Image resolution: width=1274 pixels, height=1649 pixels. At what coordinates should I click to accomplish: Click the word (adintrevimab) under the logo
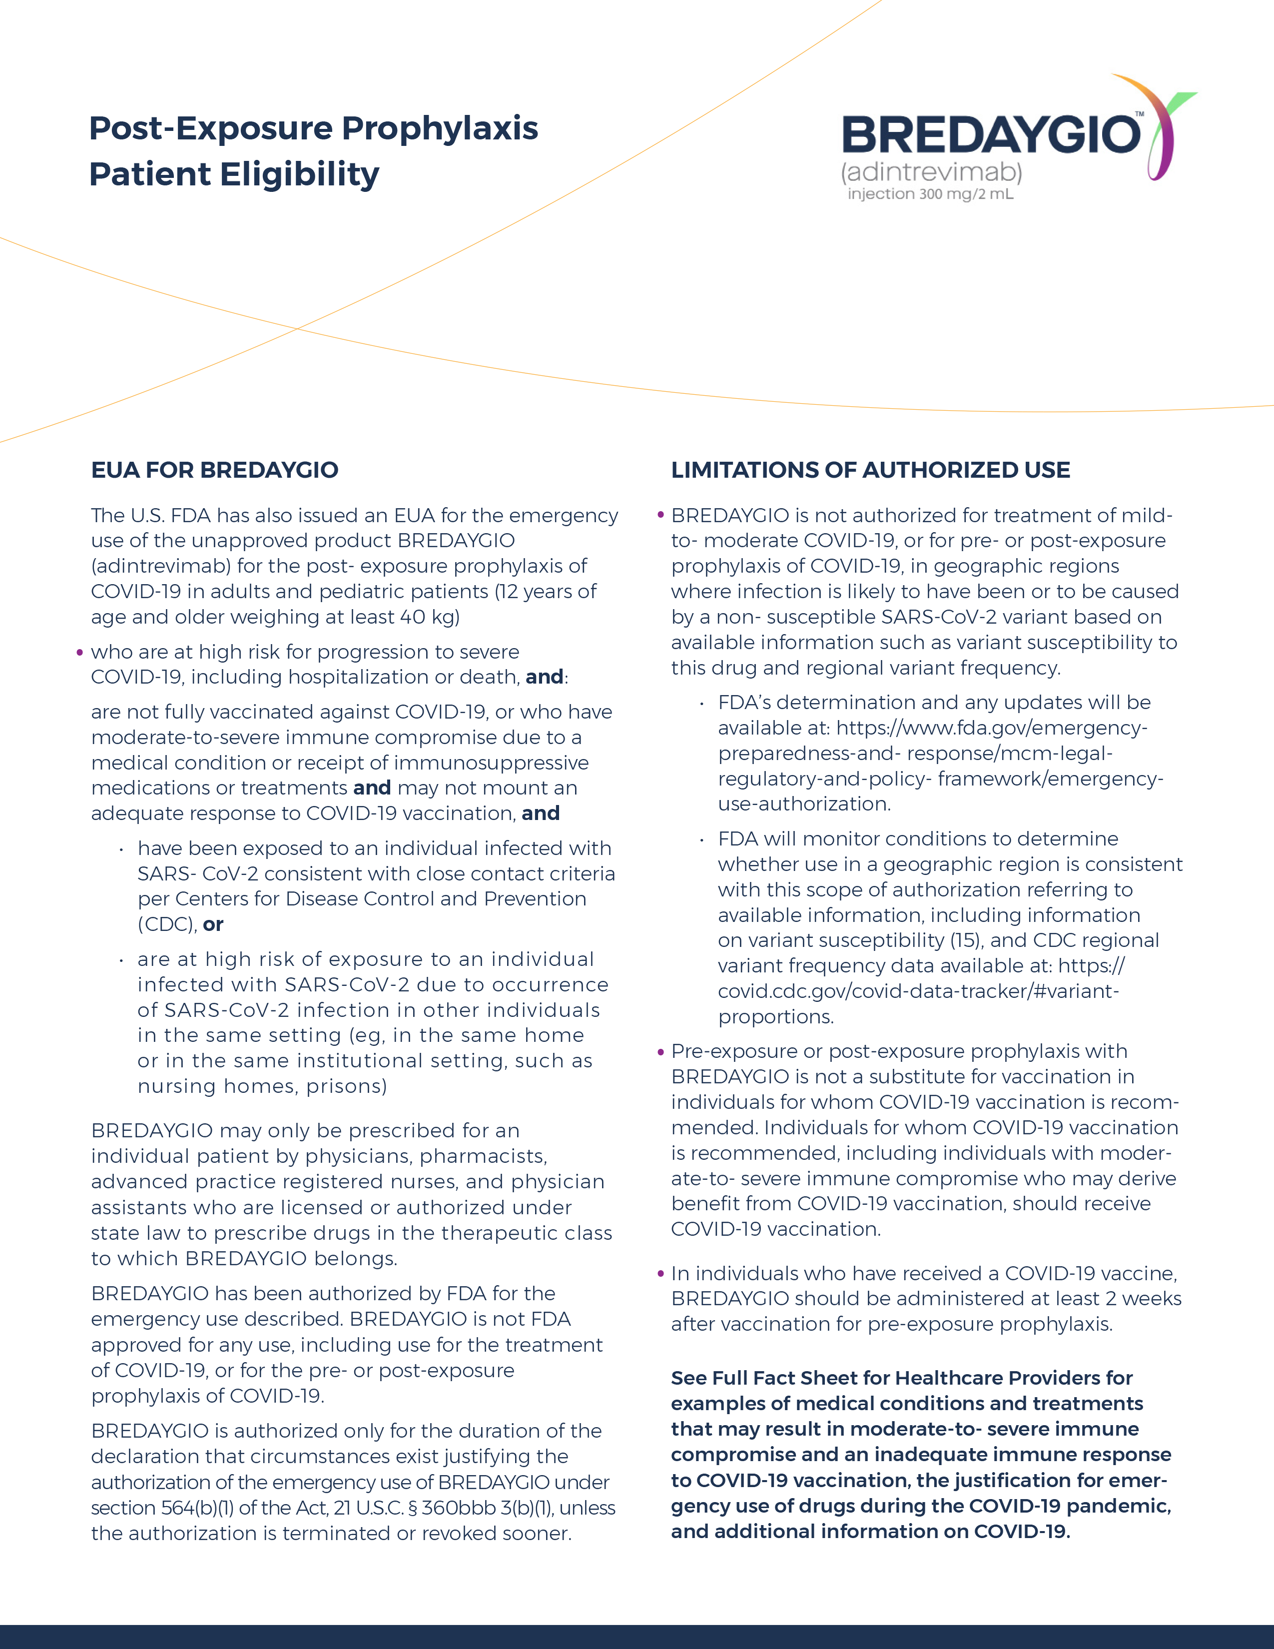pyautogui.click(x=931, y=172)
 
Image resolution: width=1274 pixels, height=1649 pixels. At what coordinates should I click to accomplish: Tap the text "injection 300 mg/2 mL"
pyautogui.click(x=930, y=194)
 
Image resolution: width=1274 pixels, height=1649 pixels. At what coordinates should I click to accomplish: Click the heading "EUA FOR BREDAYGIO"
pyautogui.click(x=214, y=470)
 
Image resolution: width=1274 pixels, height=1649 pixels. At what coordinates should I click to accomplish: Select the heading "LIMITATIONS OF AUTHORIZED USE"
pyautogui.click(x=870, y=470)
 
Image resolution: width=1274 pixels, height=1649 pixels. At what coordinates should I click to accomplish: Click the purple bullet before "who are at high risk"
pyautogui.click(x=80, y=652)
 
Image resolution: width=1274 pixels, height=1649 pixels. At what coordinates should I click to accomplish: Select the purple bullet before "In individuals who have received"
pyautogui.click(x=660, y=1274)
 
